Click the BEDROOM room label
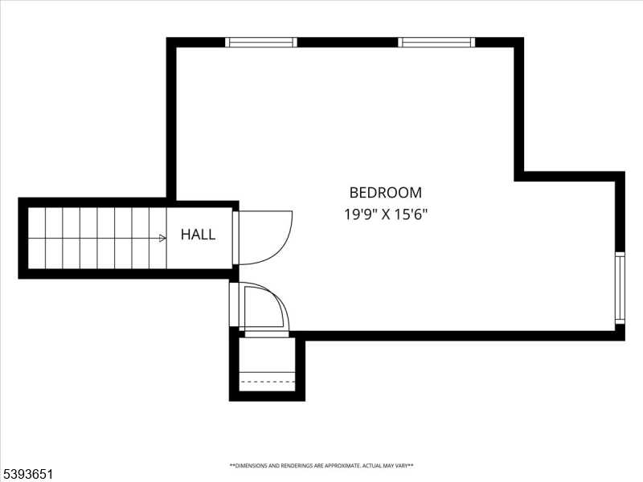click(385, 193)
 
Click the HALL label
click(198, 235)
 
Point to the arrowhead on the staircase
click(162, 238)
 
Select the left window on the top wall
click(260, 43)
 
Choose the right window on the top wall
click(436, 43)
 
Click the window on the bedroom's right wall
click(620, 288)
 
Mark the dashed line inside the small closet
click(268, 382)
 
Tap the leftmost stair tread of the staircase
click(37, 238)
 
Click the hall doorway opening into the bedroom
click(235, 238)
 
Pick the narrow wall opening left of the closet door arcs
click(234, 305)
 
